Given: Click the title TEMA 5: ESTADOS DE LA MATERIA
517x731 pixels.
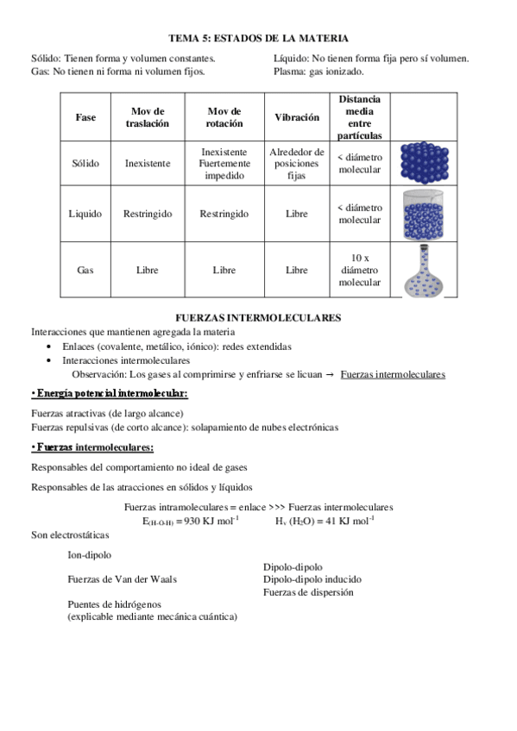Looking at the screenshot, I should [258, 38].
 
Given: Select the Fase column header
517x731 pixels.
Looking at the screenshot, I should [85, 117].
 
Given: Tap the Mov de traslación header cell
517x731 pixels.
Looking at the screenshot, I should [147, 117].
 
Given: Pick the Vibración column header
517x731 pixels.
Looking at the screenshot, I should [296, 117].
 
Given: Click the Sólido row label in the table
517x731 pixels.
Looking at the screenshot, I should [85, 162].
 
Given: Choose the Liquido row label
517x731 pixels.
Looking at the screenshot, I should [85, 213].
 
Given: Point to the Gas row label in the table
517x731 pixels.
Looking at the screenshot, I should [85, 270].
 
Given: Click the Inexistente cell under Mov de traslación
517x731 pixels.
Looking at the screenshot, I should [147, 162].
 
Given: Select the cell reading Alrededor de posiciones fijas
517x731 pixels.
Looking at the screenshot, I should [296, 163].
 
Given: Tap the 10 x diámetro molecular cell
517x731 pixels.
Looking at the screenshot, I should [359, 270].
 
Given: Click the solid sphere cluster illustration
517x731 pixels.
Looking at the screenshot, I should [425, 162].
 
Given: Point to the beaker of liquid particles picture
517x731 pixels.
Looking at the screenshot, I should [425, 213].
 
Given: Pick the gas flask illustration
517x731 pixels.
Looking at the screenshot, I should [425, 270].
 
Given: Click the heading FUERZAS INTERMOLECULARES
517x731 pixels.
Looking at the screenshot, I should [258, 317].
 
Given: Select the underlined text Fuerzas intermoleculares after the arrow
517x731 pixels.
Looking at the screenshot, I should [393, 374].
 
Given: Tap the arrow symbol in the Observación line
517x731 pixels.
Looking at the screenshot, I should [331, 374].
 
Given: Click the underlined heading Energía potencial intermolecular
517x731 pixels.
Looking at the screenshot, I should [110, 394].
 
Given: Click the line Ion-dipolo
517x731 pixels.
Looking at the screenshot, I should [89, 555].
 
